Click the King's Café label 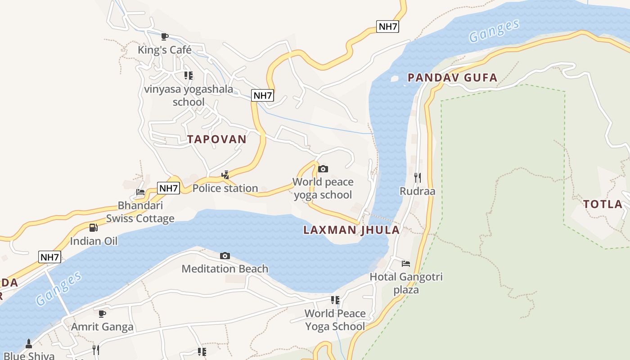tap(165, 50)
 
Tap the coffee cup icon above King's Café tap(165, 36)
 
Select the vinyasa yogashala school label tap(189, 95)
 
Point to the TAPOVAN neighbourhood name tap(217, 139)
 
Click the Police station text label tap(225, 188)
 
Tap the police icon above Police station tap(225, 175)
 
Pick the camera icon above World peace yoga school tap(323, 169)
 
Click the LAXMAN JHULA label tap(351, 230)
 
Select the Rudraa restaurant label tap(418, 191)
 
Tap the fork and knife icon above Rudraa tap(418, 177)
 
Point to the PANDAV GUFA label tap(452, 78)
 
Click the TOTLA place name tap(603, 204)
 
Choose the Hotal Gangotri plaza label tap(406, 283)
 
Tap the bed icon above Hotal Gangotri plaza tap(406, 263)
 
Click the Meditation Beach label tap(225, 269)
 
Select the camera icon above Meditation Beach tap(225, 256)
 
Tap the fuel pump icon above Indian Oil tap(93, 228)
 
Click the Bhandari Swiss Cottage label tap(140, 212)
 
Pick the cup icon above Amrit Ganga tap(102, 313)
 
